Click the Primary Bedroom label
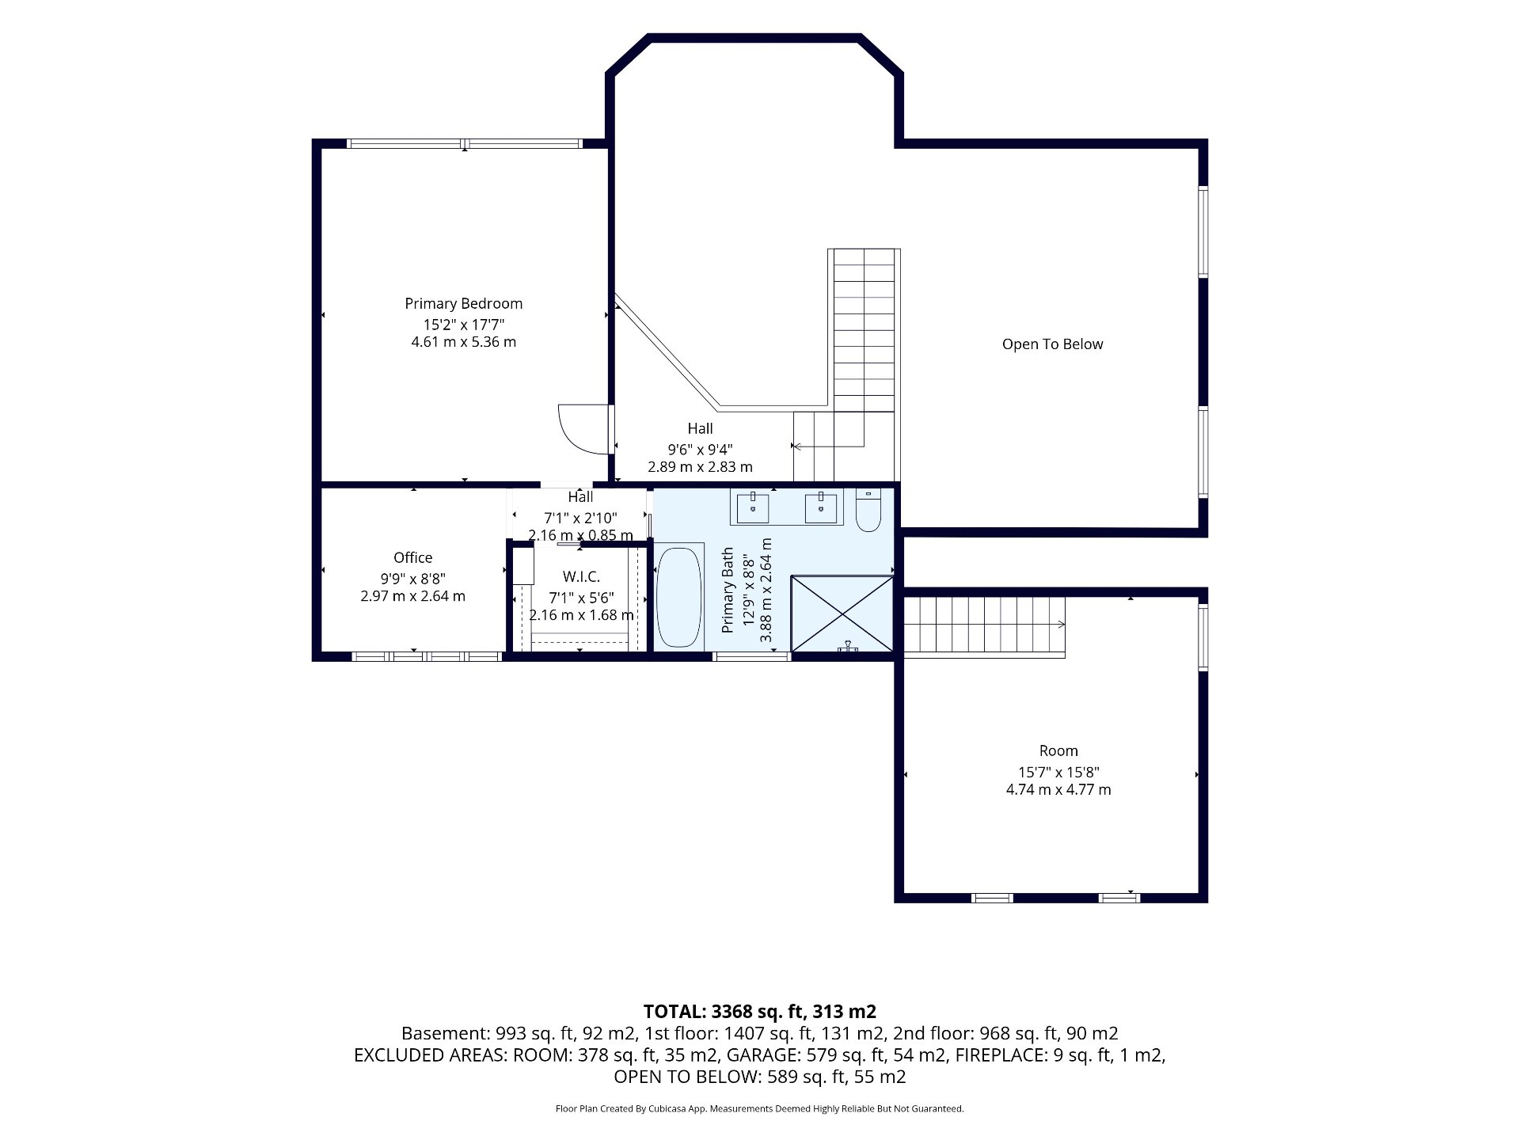tap(463, 303)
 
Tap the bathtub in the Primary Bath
tap(679, 596)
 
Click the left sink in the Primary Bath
tap(753, 507)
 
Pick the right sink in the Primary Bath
tap(821, 507)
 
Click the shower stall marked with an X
tap(842, 614)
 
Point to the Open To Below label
tap(1052, 344)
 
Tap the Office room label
tap(413, 557)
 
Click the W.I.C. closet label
tap(581, 577)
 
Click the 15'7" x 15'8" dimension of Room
tap(1058, 772)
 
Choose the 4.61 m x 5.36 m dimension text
tap(463, 342)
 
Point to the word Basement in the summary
tap(445, 1033)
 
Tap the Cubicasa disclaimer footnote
tap(760, 1109)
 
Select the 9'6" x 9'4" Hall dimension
tap(700, 448)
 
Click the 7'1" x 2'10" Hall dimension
tap(580, 518)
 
